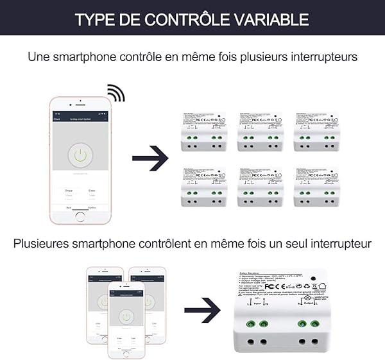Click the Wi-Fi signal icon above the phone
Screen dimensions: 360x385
(x=115, y=93)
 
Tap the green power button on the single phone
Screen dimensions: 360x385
(x=80, y=155)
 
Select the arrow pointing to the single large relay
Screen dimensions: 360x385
(x=202, y=311)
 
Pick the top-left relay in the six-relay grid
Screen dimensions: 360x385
(x=203, y=132)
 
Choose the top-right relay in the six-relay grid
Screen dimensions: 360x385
(x=316, y=132)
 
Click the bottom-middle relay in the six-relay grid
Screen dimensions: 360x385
(x=260, y=187)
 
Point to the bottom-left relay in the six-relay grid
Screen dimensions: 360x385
(x=203, y=187)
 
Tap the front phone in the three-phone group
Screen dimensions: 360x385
(x=126, y=319)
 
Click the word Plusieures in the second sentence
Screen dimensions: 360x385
(x=47, y=244)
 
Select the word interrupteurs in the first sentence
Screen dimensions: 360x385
(x=321, y=57)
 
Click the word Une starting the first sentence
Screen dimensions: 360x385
(x=38, y=57)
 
